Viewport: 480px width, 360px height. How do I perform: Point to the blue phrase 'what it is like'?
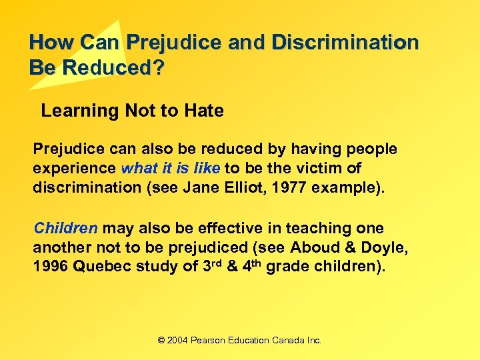[171, 169]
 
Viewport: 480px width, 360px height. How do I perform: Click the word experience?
[75, 169]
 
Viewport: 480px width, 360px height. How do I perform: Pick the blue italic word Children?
[65, 228]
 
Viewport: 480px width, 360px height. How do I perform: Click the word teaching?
[295, 228]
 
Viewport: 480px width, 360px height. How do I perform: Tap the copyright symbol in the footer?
[161, 340]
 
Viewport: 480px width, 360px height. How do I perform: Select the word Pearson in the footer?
[209, 340]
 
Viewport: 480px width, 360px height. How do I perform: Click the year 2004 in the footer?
[177, 340]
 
